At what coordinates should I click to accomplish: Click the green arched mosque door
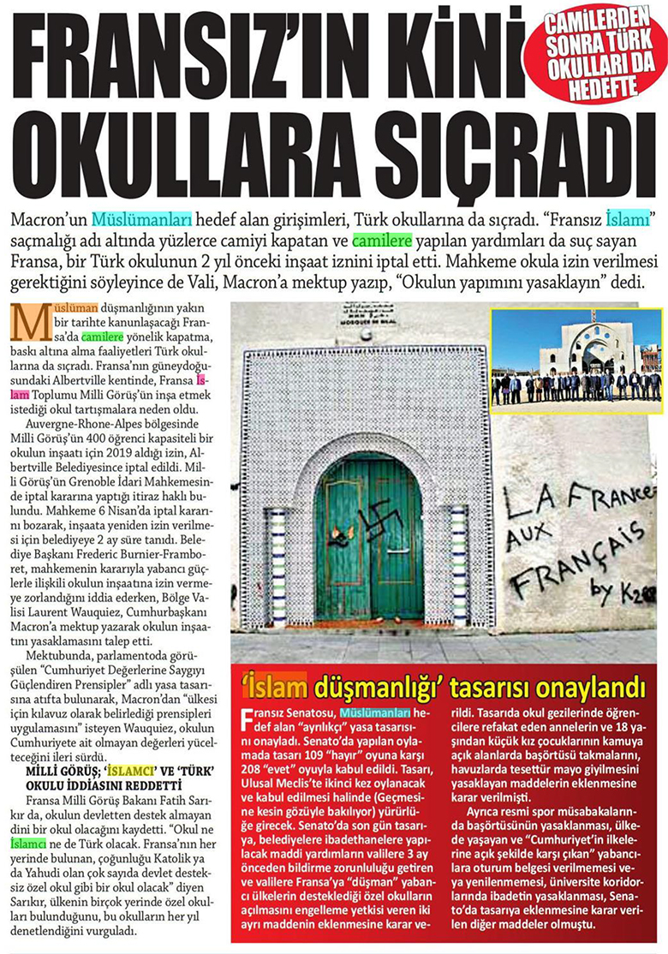[369, 540]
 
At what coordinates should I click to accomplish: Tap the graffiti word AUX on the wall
[528, 540]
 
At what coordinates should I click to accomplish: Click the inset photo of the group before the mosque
[576, 357]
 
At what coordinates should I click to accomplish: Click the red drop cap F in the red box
[247, 716]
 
